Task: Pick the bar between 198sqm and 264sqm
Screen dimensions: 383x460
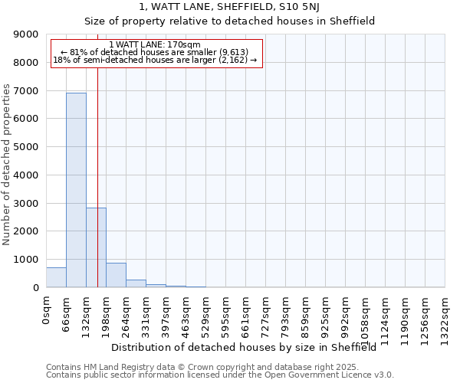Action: click(x=116, y=275)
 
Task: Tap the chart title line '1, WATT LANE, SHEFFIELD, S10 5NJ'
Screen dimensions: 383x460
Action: click(x=230, y=7)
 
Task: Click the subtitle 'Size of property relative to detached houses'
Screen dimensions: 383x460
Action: click(x=230, y=21)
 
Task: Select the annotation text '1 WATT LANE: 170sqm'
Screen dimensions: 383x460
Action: click(x=155, y=45)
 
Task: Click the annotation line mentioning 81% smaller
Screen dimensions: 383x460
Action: click(x=155, y=52)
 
